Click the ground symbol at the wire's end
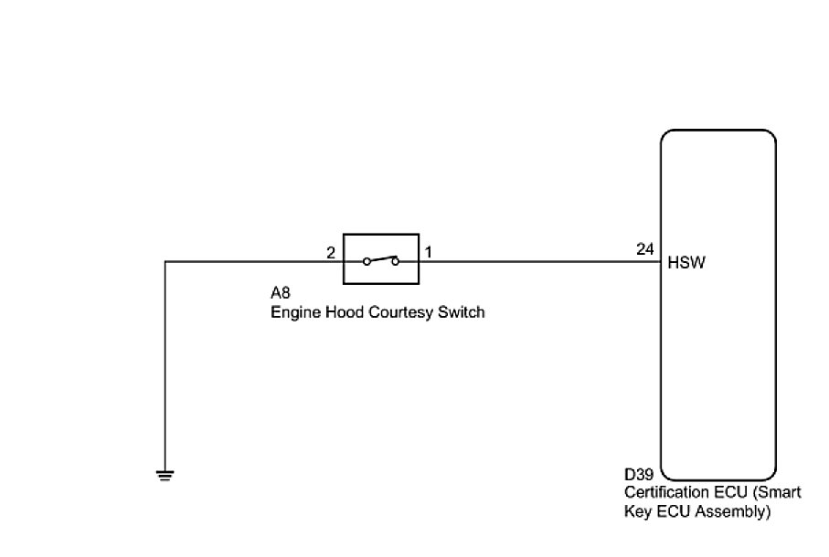click(165, 474)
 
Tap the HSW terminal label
click(687, 263)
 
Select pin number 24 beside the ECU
click(645, 249)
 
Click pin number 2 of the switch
click(331, 251)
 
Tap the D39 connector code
click(639, 476)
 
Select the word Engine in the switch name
click(292, 312)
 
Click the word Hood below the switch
click(337, 312)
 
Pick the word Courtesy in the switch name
click(399, 312)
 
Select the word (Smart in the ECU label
click(776, 493)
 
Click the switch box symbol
click(380, 258)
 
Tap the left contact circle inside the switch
click(366, 262)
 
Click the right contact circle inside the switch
click(395, 262)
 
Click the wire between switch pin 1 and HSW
click(539, 262)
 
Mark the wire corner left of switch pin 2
click(165, 262)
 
